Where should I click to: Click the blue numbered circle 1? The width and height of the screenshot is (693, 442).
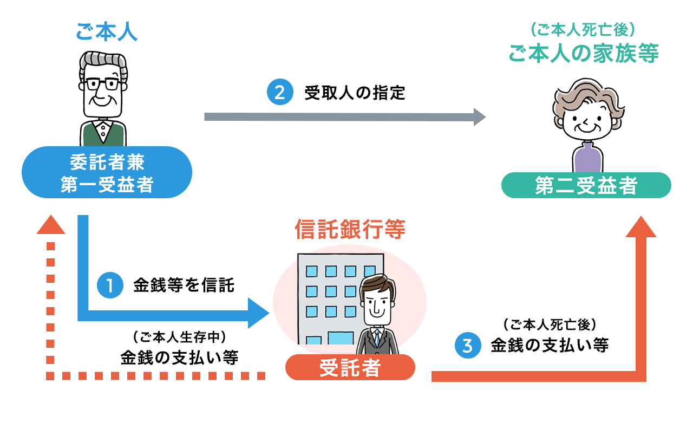click(110, 285)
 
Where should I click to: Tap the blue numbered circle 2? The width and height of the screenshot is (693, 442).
click(280, 92)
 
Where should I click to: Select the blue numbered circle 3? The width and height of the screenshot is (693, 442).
click(468, 345)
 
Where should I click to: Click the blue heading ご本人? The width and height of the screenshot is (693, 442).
click(107, 31)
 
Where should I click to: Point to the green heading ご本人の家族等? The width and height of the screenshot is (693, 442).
click(584, 53)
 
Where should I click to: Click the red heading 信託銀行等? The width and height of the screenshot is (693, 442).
click(350, 229)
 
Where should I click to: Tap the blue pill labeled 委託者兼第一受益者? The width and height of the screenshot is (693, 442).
click(107, 172)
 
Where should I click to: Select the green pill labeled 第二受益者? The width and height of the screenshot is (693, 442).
click(586, 185)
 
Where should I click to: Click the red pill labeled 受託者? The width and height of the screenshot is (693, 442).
click(350, 367)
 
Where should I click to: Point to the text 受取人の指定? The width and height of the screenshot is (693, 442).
click(355, 93)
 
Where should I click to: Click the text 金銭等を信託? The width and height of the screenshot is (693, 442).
click(184, 285)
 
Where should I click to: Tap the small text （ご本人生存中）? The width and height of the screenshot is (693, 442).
click(179, 337)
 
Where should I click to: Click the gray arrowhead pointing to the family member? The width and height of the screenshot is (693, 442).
click(479, 117)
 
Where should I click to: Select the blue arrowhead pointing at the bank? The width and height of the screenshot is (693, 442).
click(258, 313)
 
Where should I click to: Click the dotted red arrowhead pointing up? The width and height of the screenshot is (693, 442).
click(51, 225)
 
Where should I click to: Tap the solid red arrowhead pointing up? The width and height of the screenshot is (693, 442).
click(640, 227)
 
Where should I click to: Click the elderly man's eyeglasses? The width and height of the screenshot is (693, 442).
click(102, 84)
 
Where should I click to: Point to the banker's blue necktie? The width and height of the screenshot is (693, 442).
click(377, 338)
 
